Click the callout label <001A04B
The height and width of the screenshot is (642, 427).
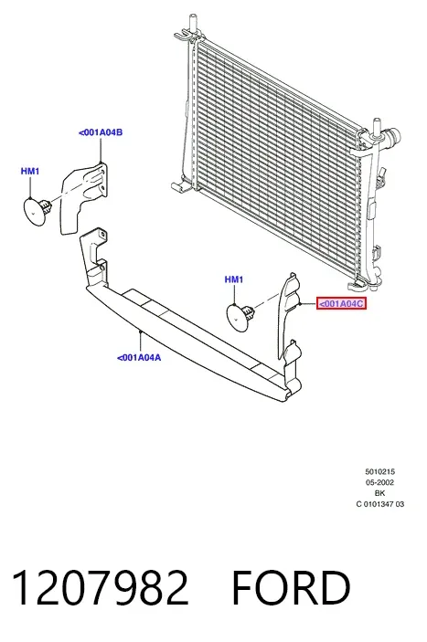[x=101, y=132]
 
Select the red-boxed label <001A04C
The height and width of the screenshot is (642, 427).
[x=341, y=304]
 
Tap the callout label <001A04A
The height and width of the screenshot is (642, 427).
[x=139, y=357]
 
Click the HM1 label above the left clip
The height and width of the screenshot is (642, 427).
[x=30, y=171]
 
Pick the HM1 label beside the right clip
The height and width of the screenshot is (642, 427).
[x=234, y=279]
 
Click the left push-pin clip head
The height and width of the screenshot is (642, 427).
[x=34, y=211]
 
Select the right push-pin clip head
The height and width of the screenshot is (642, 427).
[x=238, y=317]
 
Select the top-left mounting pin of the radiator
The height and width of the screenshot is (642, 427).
[x=193, y=26]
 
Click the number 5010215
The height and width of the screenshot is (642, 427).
[x=379, y=471]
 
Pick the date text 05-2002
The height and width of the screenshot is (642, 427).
[x=379, y=482]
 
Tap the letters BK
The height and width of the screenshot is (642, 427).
[x=379, y=493]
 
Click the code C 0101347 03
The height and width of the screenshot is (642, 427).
[x=379, y=504]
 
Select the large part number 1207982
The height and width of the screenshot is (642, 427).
[x=101, y=587]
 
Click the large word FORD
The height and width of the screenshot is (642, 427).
[x=291, y=587]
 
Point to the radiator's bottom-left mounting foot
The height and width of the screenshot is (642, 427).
[x=180, y=186]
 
